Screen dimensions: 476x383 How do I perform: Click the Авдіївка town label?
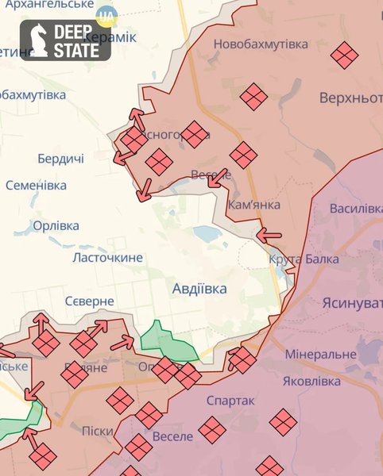199,289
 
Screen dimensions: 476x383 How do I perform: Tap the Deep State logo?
65,40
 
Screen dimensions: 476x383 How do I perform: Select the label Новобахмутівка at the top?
260,44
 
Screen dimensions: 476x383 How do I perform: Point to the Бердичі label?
60,159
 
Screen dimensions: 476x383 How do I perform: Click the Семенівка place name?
36,185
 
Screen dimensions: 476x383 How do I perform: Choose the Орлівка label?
56,226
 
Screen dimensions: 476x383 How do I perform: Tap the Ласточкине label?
107,257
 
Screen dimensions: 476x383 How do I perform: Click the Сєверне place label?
90,301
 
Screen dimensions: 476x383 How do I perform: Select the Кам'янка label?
253,205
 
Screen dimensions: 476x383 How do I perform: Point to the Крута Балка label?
304,259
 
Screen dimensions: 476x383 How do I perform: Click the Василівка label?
356,208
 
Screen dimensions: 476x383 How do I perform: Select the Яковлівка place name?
312,381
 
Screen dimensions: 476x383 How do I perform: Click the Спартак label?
230,401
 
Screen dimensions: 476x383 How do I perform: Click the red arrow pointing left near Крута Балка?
269,235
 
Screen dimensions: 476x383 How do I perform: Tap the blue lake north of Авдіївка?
207,234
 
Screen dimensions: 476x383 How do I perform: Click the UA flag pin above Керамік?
106,15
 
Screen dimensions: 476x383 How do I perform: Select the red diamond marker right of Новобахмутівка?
344,55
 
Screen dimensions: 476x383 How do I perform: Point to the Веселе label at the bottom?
172,436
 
